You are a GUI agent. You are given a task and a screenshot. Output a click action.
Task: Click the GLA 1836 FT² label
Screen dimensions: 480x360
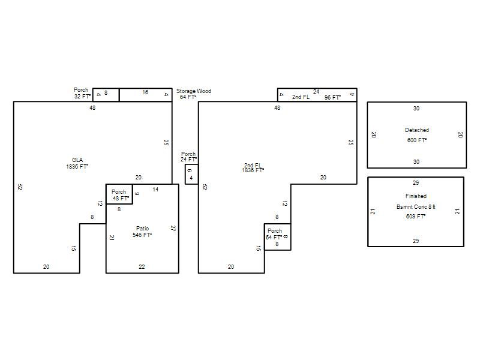[77, 163]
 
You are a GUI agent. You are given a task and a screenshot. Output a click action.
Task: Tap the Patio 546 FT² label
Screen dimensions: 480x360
[142, 232]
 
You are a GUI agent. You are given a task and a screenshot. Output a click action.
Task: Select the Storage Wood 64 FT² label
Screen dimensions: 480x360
[193, 94]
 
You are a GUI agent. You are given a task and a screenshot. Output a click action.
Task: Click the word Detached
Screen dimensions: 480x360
[417, 130]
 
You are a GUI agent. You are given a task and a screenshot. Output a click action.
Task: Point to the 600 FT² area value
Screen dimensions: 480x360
[417, 140]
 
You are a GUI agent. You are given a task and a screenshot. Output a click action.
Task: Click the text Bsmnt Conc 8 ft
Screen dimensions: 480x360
[416, 207]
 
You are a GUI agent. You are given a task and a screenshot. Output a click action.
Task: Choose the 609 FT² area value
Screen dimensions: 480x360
[416, 217]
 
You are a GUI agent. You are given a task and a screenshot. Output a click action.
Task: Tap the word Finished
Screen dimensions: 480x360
[416, 196]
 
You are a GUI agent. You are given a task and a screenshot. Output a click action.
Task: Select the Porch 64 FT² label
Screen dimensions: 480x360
[274, 234]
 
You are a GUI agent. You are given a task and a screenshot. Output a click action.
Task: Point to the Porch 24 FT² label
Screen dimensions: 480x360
[188, 157]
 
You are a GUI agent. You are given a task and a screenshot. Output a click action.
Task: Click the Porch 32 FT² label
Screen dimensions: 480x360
[82, 93]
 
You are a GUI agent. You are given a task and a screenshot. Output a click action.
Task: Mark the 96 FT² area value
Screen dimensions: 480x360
[332, 98]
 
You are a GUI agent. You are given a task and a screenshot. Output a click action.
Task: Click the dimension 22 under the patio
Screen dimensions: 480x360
[142, 267]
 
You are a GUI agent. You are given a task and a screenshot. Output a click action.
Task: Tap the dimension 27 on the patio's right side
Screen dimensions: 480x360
[173, 228]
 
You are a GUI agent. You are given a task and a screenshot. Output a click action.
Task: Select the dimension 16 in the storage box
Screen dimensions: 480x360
[145, 92]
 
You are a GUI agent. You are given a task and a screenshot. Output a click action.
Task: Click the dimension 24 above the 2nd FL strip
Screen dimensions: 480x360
[316, 92]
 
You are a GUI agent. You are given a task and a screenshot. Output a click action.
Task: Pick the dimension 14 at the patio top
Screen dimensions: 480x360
[155, 190]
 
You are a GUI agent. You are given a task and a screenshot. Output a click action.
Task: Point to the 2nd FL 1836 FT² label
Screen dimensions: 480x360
[253, 168]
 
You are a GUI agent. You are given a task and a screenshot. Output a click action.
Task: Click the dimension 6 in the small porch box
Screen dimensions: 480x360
[190, 170]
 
